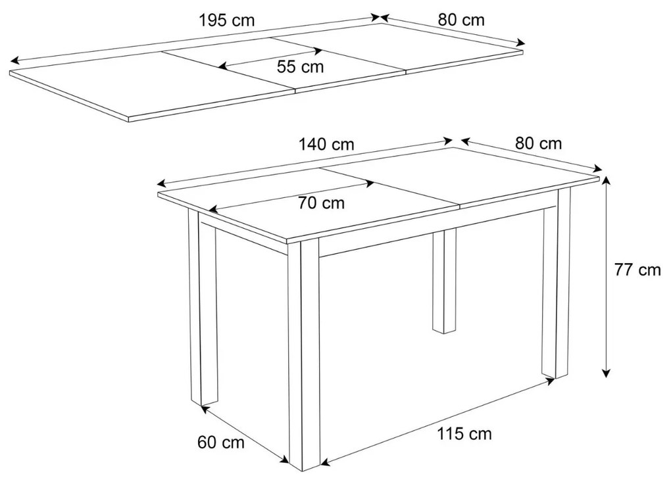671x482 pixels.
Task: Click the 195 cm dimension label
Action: click(226, 20)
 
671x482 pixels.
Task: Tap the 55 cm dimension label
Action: click(300, 66)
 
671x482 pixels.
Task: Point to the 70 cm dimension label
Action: click(321, 203)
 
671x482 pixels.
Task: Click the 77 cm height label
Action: click(637, 270)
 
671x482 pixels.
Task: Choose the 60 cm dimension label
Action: click(221, 443)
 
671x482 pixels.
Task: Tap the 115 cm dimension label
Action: click(464, 433)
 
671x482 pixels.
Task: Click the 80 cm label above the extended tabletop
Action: click(461, 20)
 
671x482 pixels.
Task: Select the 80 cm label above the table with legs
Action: click(539, 143)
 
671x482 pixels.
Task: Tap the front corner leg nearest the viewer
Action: click(304, 355)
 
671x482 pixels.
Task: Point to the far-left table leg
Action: click(203, 309)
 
